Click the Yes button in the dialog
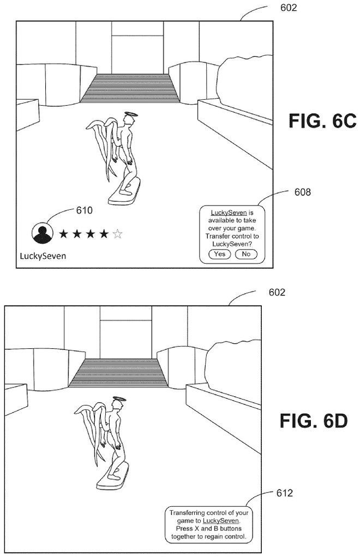coord(219,254)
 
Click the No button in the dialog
coord(246,254)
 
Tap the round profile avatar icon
coord(43,234)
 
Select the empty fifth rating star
coord(118,234)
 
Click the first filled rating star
coord(63,234)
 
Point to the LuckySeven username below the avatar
coord(43,256)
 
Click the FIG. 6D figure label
coord(314,421)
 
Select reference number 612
coord(284,493)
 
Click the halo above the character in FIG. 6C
coord(130,114)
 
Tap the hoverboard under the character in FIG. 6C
coord(124,193)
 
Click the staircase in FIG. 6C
coord(130,88)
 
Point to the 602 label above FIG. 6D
coord(277,292)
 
